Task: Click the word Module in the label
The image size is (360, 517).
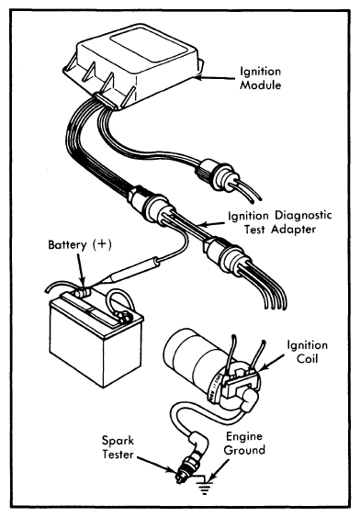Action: pos(261,85)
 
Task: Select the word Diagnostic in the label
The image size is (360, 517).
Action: pos(303,215)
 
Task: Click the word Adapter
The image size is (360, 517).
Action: pos(293,230)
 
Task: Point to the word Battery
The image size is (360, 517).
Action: pos(67,245)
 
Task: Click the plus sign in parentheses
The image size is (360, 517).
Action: pos(102,244)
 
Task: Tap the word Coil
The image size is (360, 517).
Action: pos(308,359)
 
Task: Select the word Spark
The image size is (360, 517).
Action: pos(118,441)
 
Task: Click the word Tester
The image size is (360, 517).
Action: pos(118,455)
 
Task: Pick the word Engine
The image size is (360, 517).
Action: pos(244,437)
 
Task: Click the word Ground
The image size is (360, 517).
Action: pos(244,450)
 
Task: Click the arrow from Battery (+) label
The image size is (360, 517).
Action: pos(81,270)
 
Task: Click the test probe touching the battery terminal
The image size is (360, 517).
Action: pos(129,271)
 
